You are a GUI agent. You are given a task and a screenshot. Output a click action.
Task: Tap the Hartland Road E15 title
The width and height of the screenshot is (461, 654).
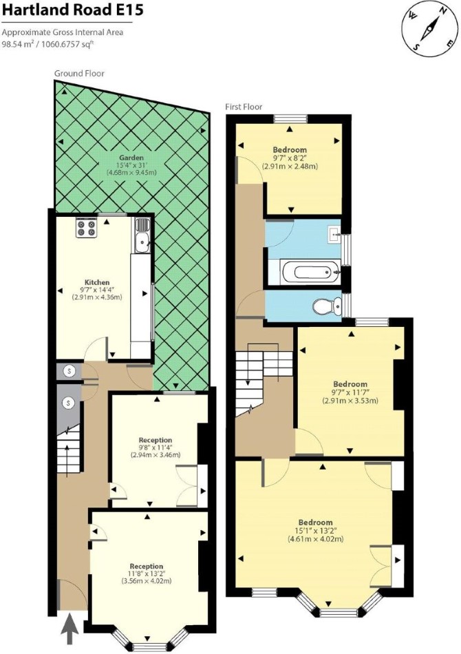click(73, 10)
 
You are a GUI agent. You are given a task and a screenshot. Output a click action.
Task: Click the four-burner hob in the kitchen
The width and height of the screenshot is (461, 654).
click(86, 228)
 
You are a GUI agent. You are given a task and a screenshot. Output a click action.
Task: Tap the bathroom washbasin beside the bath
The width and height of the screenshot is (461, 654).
click(334, 234)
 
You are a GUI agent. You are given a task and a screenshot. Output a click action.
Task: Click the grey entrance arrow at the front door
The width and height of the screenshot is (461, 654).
click(69, 626)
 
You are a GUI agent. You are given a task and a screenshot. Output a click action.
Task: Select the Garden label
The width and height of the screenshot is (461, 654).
click(131, 158)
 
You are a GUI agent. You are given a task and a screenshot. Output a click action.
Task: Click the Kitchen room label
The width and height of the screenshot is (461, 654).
click(97, 282)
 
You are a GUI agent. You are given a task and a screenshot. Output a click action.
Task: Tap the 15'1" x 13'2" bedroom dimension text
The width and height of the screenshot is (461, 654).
click(315, 531)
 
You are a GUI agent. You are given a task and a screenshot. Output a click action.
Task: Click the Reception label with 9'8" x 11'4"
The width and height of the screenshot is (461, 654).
click(156, 440)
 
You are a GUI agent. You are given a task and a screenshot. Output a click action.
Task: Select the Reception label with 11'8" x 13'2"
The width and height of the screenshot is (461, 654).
click(147, 566)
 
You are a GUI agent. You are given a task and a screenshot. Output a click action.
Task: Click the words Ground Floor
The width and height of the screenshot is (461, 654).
click(79, 74)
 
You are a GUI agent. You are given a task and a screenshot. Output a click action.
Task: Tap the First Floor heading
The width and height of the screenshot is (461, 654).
click(244, 107)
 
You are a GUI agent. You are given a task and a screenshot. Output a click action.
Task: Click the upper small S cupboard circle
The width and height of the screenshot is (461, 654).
click(69, 370)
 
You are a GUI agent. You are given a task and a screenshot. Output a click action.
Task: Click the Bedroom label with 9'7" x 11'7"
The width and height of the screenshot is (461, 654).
click(350, 384)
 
